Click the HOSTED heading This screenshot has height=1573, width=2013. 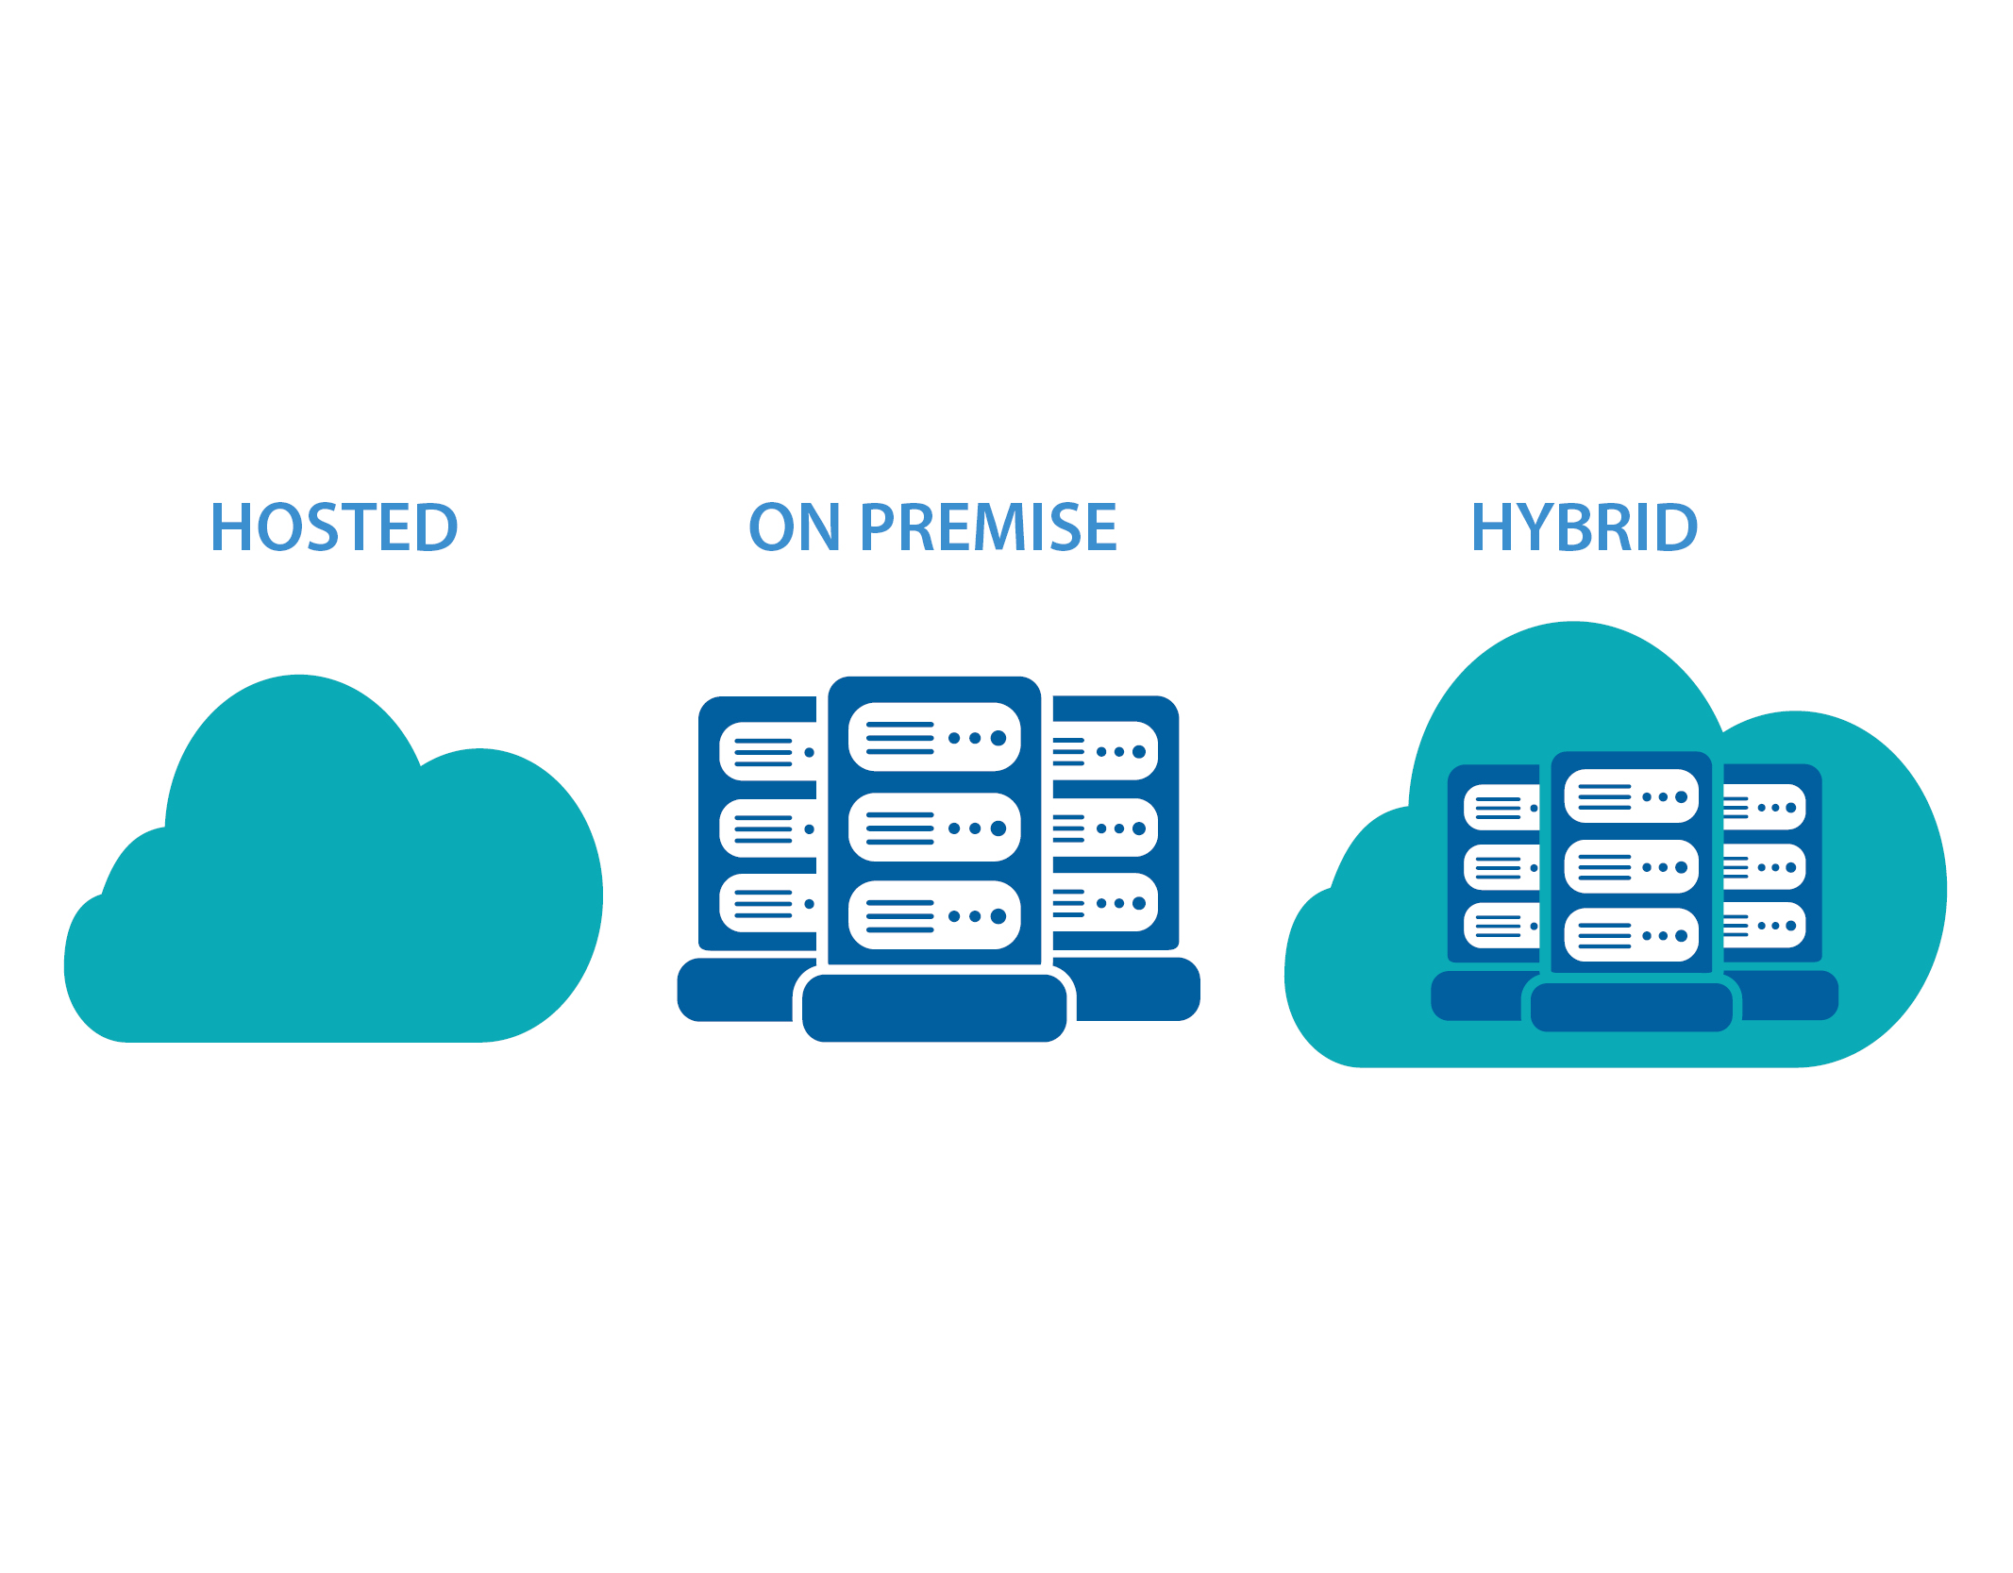(334, 527)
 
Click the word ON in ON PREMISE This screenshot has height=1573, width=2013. (794, 527)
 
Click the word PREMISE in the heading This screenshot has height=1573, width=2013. (988, 527)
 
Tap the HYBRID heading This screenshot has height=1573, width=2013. (1585, 527)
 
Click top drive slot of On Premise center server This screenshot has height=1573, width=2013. (933, 737)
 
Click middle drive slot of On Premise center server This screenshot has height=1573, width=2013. (933, 828)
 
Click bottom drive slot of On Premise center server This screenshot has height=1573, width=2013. (933, 915)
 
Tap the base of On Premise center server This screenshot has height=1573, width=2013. (933, 1008)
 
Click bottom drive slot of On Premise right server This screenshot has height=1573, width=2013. (1105, 902)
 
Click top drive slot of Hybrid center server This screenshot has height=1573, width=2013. (1631, 796)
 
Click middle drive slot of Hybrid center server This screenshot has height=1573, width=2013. (1631, 866)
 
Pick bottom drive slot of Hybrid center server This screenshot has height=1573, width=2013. (1631, 935)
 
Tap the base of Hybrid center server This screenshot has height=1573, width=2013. (1631, 1007)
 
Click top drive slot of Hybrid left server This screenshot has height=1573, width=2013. (1501, 808)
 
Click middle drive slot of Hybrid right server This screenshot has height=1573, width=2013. (1764, 867)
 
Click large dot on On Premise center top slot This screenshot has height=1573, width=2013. (998, 738)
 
